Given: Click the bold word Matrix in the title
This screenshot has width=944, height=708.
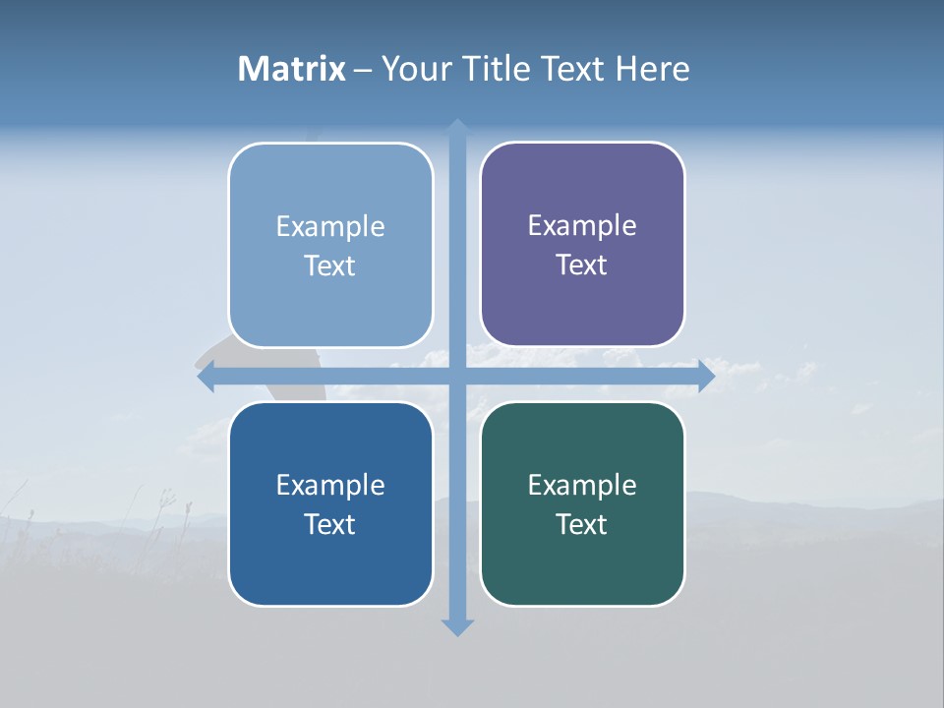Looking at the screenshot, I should pos(291,69).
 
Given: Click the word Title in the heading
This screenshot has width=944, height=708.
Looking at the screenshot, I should pos(500,69).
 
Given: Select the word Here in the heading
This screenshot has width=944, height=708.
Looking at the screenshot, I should pos(652,69).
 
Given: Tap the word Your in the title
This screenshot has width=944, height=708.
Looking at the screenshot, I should pos(417,69).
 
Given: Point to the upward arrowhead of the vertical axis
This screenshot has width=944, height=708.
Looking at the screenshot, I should pos(457,128).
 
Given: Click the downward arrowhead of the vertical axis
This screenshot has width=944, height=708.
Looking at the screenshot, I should pos(457,626).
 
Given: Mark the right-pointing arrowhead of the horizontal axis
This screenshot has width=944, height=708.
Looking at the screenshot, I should pos(705,377).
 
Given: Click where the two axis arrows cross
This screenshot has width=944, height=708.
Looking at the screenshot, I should pos(457,377).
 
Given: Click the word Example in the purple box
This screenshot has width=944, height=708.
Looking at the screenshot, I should pos(582,225).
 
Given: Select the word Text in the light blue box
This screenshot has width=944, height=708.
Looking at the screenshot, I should pos(330,265).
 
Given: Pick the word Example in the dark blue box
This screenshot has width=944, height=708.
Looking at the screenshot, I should pos(330,485).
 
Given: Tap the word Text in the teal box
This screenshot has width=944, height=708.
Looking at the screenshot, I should pos(582,524).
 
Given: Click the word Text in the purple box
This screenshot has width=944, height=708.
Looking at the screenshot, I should pos(582,265).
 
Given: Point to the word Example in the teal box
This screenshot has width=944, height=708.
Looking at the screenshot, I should pos(582,485).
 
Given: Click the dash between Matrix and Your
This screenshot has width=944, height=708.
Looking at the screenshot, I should pos(364,69).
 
